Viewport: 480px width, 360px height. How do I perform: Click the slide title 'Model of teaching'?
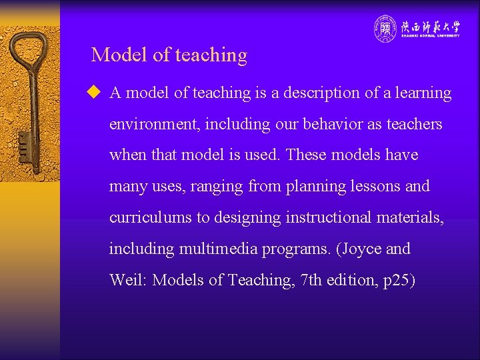click(x=169, y=55)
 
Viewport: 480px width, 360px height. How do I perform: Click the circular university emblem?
click(x=385, y=28)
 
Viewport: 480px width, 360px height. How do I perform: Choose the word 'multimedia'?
click(x=217, y=249)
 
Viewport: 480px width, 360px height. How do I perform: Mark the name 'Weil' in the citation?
click(x=127, y=280)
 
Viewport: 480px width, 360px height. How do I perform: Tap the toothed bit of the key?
click(x=24, y=143)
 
